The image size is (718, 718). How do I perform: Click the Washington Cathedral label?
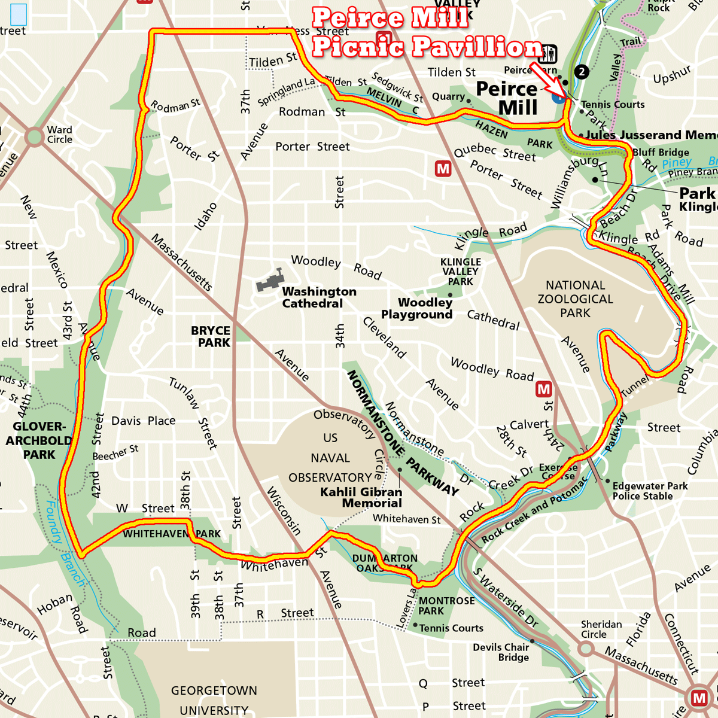pos(319,297)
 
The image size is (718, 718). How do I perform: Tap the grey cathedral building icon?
pos(270,280)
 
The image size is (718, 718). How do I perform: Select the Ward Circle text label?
pos(60,135)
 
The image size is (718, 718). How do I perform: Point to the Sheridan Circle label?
pos(601,629)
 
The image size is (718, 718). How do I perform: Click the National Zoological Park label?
pos(575,299)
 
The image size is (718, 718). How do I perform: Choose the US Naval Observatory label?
pos(330,458)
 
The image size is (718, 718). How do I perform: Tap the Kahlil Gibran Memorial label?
pos(361,497)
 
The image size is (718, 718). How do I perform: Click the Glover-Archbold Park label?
pos(39,440)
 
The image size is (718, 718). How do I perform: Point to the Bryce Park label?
pos(211,336)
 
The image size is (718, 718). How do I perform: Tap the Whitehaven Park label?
pos(172,533)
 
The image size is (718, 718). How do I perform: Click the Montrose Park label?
pos(446,606)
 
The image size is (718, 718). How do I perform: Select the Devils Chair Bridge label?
pos(501,652)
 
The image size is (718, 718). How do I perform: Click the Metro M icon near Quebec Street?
pos(443,169)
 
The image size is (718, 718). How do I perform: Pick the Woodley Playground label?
pos(417,309)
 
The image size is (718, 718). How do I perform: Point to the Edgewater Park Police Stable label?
pos(650,491)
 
